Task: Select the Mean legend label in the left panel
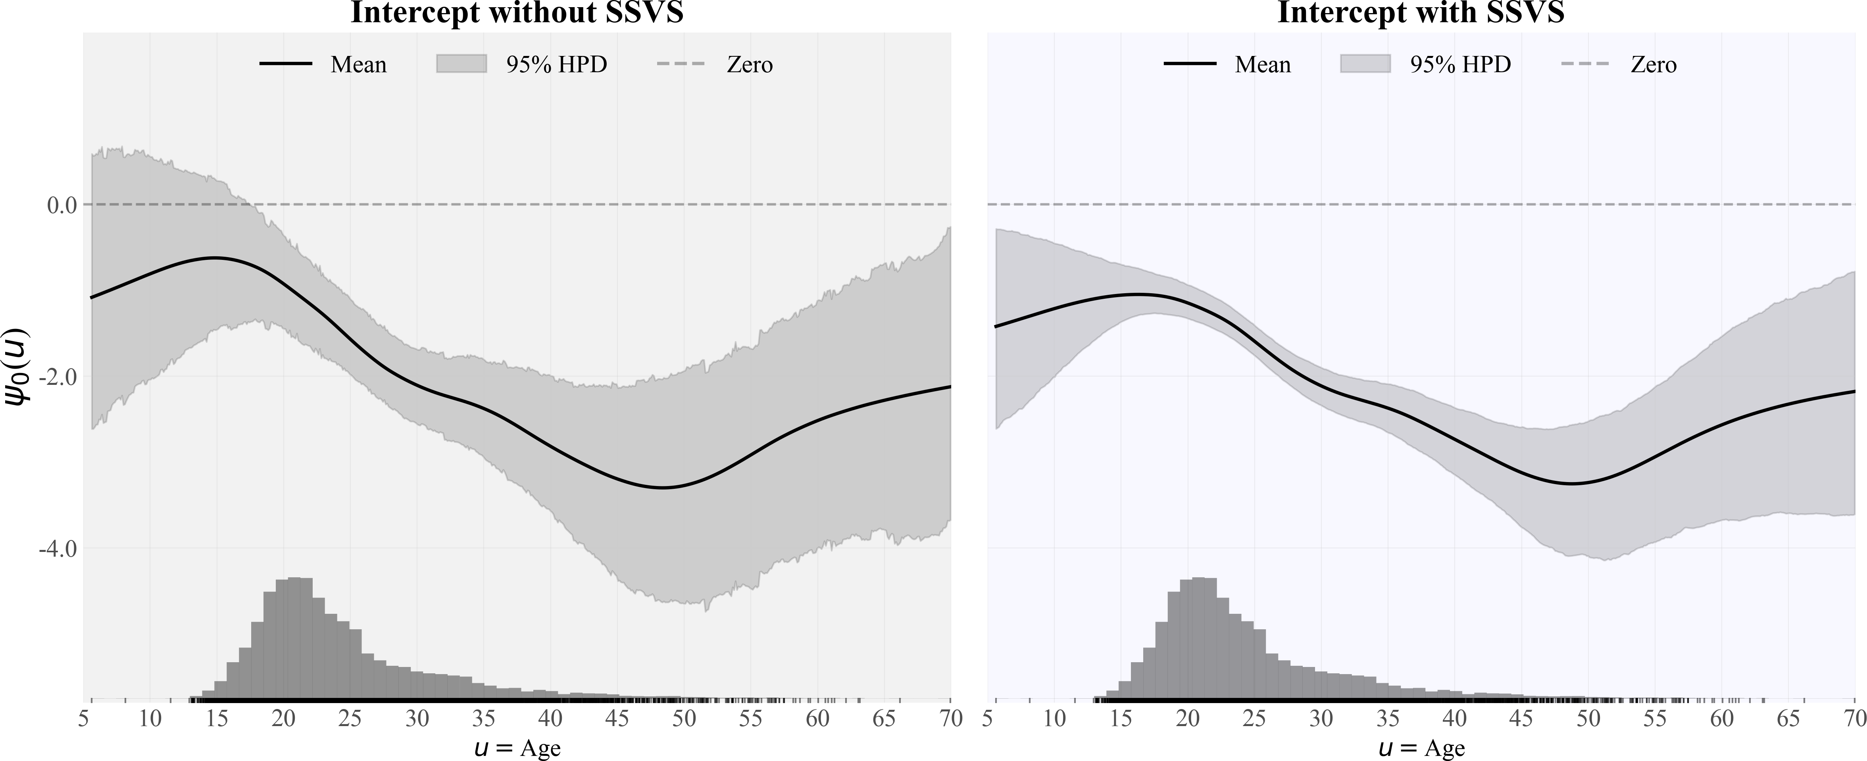pos(358,65)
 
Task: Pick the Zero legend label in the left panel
pos(750,65)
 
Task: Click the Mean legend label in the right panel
pos(1263,65)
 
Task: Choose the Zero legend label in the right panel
pos(1653,65)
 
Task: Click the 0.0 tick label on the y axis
pos(62,205)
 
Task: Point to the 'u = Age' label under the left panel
pos(517,747)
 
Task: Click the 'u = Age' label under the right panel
pos(1421,747)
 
